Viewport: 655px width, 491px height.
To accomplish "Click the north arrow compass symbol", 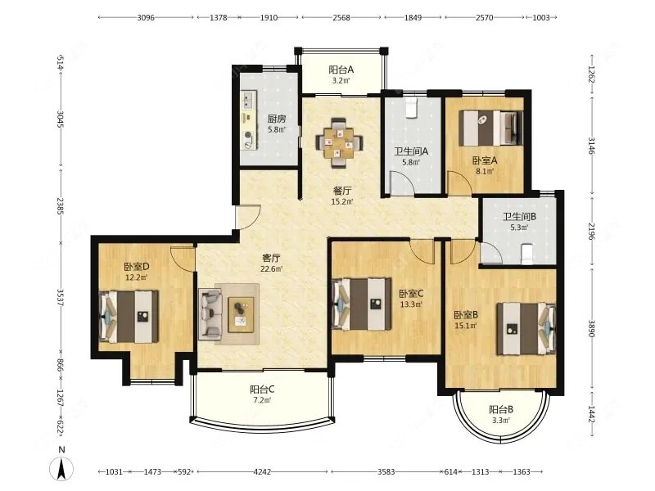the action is point(61,468).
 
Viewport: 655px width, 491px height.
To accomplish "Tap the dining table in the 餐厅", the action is point(339,143).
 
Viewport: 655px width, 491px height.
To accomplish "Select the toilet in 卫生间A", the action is point(413,107).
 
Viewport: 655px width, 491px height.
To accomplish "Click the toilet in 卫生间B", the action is point(527,255).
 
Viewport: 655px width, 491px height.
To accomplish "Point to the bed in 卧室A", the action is point(490,128).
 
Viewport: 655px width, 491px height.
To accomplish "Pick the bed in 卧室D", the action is point(129,317).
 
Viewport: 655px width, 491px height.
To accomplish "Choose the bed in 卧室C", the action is point(361,304).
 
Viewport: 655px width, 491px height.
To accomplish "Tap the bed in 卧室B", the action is point(526,329).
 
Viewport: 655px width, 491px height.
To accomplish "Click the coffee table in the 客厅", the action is point(241,314).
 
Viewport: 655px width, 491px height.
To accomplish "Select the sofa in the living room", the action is point(211,313).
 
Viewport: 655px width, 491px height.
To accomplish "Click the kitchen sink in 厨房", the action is point(249,100).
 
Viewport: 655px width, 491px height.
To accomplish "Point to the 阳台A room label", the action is point(341,70).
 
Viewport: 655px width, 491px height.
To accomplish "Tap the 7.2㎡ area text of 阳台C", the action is point(261,400).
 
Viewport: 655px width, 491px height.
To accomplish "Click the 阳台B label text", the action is point(501,410).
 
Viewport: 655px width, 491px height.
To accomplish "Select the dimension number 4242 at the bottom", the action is point(262,472).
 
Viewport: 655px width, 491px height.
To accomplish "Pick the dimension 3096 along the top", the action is point(146,17).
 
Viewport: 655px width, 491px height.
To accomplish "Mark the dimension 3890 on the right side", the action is point(591,329).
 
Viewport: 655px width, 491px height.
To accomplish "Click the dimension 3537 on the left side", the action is point(60,297).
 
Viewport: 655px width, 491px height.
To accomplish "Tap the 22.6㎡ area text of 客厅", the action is point(272,269).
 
